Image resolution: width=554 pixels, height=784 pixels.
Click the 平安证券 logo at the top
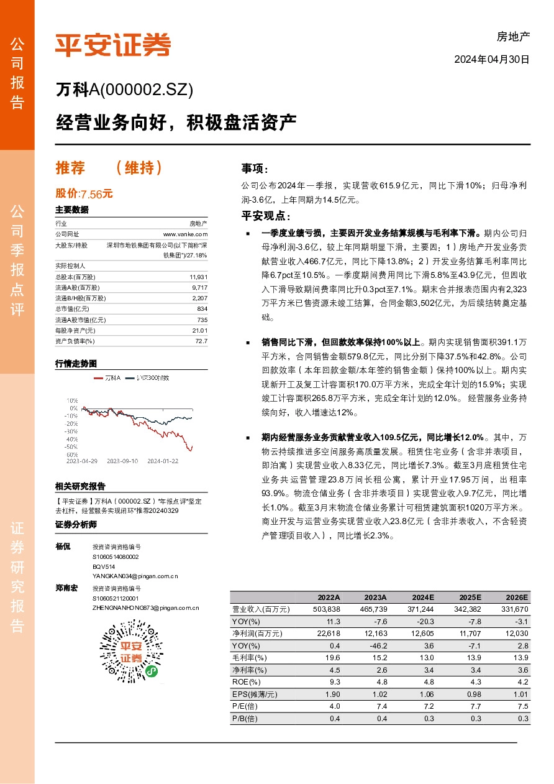pyautogui.click(x=112, y=45)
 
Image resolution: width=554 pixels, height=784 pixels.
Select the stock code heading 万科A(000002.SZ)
pyautogui.click(x=124, y=90)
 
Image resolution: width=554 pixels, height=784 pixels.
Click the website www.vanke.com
pyautogui.click(x=185, y=234)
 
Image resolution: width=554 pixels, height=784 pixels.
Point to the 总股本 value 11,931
pyautogui.click(x=198, y=277)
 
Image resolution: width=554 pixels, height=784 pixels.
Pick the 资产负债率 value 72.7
pyautogui.click(x=201, y=341)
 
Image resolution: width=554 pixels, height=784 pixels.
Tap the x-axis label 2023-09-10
pyautogui.click(x=122, y=461)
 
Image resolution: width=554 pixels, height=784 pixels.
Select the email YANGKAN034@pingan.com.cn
pyautogui.click(x=135, y=576)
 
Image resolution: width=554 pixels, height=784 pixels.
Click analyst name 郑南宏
pyautogui.click(x=66, y=588)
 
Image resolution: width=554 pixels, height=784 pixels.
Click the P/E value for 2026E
pyautogui.click(x=522, y=706)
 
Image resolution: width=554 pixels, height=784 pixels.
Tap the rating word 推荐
pyautogui.click(x=70, y=168)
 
